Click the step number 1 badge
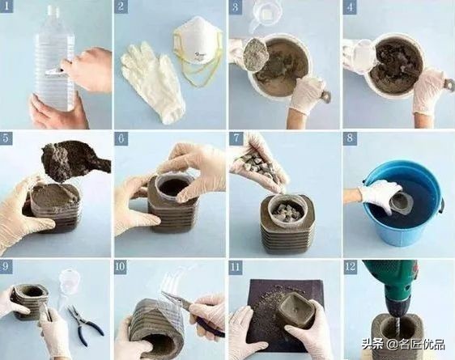click(x=6, y=6)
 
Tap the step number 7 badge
click(x=236, y=138)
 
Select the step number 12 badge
click(x=350, y=267)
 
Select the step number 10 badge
click(x=121, y=267)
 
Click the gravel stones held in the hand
click(x=257, y=165)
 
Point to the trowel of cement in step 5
click(x=73, y=160)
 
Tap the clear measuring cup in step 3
click(x=266, y=14)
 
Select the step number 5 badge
click(x=6, y=138)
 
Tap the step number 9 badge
click(x=6, y=267)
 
